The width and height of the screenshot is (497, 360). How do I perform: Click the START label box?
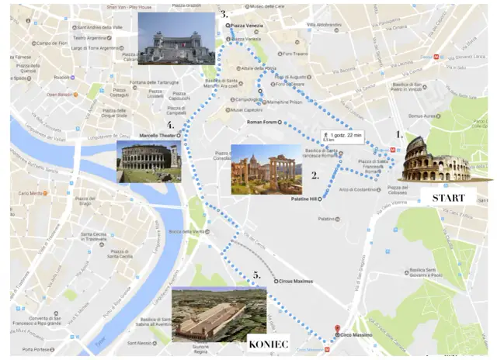(x=448, y=198)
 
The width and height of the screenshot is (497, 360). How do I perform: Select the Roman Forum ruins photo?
(x=266, y=169)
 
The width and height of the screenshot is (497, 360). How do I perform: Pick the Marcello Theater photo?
(x=148, y=161)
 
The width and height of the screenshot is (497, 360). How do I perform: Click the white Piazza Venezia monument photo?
(x=176, y=38)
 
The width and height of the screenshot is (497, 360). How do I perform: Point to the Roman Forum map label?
(x=261, y=123)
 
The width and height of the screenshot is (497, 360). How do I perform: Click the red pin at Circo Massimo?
(x=336, y=329)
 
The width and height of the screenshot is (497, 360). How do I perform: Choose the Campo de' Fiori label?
(x=54, y=43)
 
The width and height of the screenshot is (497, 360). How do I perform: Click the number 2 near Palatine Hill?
(x=315, y=176)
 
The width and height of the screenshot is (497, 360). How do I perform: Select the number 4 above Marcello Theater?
(x=170, y=125)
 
